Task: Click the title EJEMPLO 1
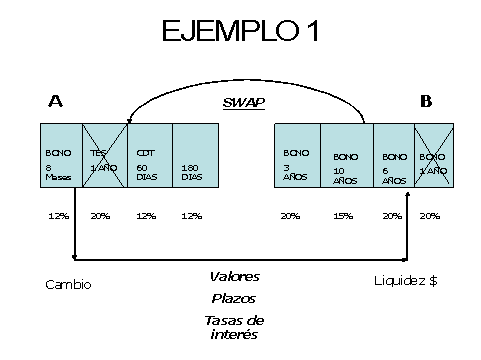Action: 240,32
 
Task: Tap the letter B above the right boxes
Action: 426,100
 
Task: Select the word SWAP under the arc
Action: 239,102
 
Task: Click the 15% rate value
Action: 344,216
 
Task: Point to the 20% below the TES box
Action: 100,216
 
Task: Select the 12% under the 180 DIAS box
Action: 191,216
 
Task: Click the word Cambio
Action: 68,284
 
